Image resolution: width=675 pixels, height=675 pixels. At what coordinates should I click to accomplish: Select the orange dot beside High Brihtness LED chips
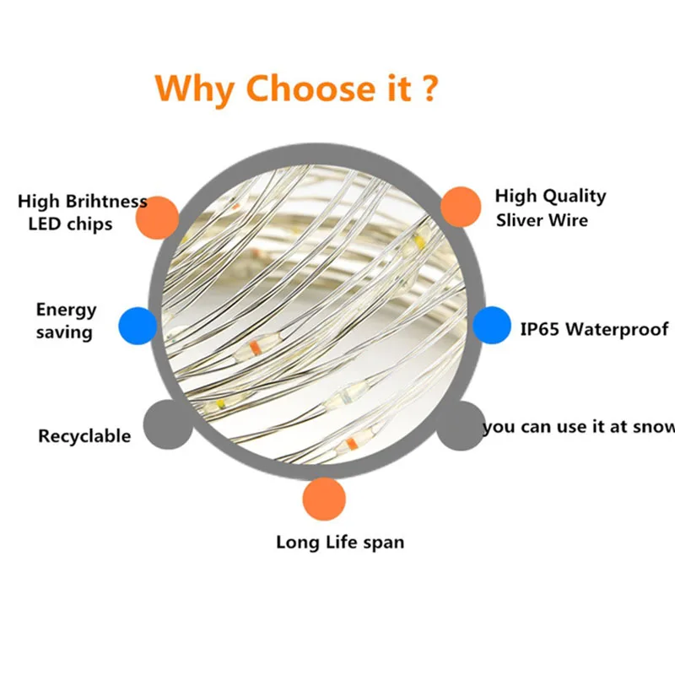pyautogui.click(x=157, y=217)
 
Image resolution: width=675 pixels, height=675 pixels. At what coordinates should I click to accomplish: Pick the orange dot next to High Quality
pyautogui.click(x=461, y=206)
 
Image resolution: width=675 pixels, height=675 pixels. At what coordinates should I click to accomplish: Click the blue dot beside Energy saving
pyautogui.click(x=138, y=324)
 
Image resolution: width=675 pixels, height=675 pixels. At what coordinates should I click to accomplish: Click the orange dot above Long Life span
pyautogui.click(x=324, y=499)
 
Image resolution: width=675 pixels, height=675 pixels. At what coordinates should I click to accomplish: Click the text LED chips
pyautogui.click(x=70, y=224)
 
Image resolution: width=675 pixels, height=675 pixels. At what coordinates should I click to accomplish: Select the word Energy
pyautogui.click(x=67, y=310)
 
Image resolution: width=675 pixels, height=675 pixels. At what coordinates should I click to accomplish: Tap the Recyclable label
pyautogui.click(x=84, y=436)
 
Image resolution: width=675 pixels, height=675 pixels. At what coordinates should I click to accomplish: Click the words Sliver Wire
pyautogui.click(x=541, y=220)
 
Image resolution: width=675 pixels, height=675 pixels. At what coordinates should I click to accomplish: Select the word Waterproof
pyautogui.click(x=617, y=329)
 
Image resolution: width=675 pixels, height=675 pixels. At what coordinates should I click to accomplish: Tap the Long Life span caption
pyautogui.click(x=340, y=542)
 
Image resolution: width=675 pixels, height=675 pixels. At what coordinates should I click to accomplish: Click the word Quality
pyautogui.click(x=574, y=197)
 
